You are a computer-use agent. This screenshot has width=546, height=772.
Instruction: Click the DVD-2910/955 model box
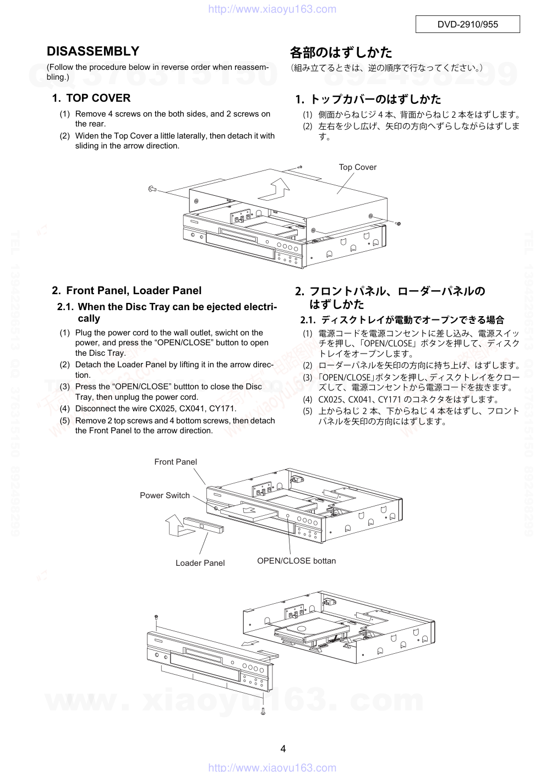click(x=467, y=24)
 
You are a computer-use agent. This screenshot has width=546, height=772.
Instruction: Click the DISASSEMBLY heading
click(x=93, y=51)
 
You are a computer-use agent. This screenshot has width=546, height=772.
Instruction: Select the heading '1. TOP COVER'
click(x=91, y=98)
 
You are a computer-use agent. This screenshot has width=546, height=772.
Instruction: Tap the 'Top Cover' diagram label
click(x=357, y=167)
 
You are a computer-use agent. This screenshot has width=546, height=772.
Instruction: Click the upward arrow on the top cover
click(x=278, y=189)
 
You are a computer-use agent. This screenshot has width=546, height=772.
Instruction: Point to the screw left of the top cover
click(x=152, y=189)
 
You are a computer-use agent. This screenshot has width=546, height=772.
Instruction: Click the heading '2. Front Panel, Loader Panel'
click(x=127, y=290)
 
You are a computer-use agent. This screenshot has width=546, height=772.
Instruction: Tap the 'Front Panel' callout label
click(x=176, y=462)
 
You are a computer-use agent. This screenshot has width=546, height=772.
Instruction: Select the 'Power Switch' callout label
click(x=165, y=495)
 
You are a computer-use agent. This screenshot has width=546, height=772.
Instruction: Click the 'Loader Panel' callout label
click(x=200, y=563)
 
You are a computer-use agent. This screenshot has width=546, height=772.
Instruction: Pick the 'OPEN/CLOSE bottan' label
click(x=296, y=561)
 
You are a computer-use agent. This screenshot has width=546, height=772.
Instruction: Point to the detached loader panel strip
click(x=204, y=525)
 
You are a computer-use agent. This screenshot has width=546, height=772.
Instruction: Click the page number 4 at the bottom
click(x=283, y=748)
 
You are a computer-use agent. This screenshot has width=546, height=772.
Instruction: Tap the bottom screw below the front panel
click(x=263, y=711)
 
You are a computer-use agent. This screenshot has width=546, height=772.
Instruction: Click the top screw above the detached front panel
click(x=157, y=616)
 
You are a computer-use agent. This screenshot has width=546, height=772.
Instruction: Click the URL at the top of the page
click(x=272, y=9)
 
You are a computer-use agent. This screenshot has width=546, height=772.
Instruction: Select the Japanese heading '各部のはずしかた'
click(x=341, y=53)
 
